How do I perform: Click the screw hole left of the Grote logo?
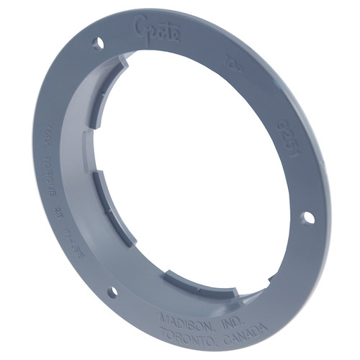pyautogui.click(x=98, y=44)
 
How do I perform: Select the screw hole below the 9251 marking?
pyautogui.click(x=308, y=216)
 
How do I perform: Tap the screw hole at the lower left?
pyautogui.click(x=112, y=292)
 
